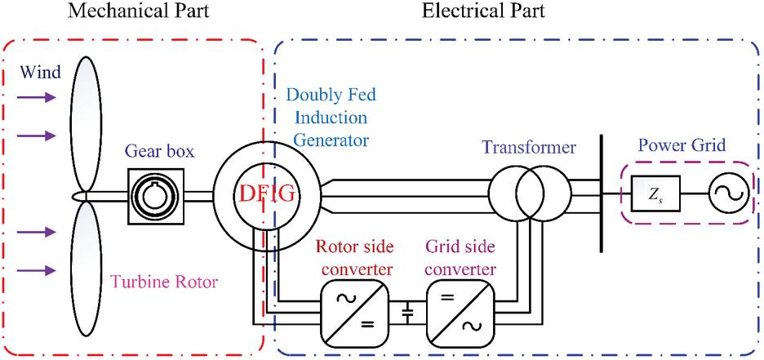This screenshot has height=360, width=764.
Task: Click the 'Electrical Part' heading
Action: tap(483, 11)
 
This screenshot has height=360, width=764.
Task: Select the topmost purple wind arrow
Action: tap(39, 98)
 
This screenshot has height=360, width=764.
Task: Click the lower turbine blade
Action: tap(85, 269)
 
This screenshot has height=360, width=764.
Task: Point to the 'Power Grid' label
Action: tap(681, 148)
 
